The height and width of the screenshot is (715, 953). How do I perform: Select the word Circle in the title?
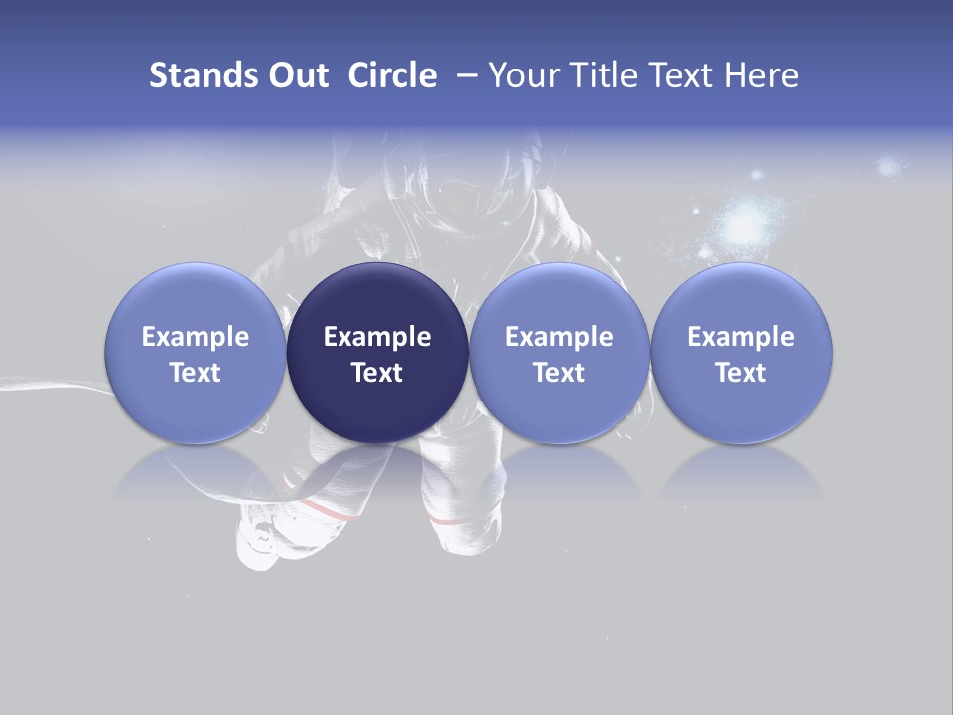click(392, 75)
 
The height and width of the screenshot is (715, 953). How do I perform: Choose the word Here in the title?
click(759, 75)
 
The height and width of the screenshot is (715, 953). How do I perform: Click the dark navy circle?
click(377, 353)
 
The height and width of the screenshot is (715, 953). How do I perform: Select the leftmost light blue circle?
click(195, 353)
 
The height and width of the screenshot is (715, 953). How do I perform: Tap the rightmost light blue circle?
click(742, 353)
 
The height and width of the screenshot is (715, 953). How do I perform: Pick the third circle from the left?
click(559, 353)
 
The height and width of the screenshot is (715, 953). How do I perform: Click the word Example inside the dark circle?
click(377, 337)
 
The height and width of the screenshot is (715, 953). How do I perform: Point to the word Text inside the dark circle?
click(377, 373)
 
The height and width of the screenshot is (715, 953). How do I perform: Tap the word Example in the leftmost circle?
click(195, 337)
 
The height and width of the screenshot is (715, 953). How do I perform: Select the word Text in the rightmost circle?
click(742, 373)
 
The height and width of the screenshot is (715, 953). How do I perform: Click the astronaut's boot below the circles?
click(260, 541)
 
